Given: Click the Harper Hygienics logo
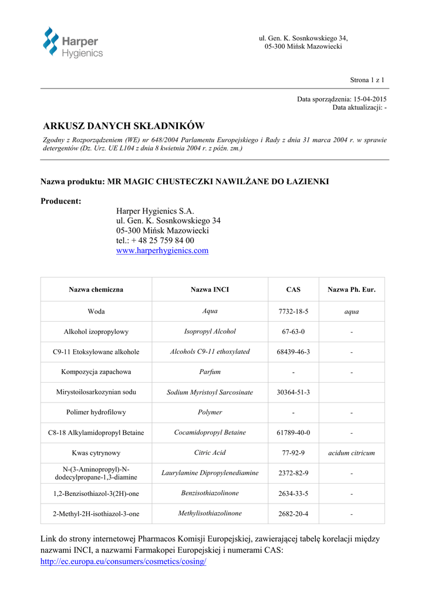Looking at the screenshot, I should (72, 43).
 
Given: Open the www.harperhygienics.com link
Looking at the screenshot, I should (162, 251).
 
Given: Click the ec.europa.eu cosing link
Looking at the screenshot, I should (123, 562).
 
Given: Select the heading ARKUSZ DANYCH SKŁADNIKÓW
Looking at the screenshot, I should (124, 126).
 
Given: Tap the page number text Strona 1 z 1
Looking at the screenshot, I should (367, 80).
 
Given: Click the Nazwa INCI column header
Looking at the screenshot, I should (210, 290).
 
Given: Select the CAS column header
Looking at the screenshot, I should (293, 290).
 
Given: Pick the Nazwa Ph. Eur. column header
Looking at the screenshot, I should (351, 290).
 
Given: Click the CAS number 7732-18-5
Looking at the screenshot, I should (293, 312).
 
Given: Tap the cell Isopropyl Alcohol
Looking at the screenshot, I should (210, 332).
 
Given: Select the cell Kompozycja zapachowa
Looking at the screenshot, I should (96, 372).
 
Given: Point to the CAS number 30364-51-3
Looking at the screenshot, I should (293, 392).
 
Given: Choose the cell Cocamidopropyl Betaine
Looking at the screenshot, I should (210, 433).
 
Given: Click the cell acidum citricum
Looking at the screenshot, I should (351, 453).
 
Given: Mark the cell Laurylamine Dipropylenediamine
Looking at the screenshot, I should (210, 473).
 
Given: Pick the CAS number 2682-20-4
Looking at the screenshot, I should (293, 514).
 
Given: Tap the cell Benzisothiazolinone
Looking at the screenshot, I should (210, 493).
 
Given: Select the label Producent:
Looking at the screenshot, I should (61, 201).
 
